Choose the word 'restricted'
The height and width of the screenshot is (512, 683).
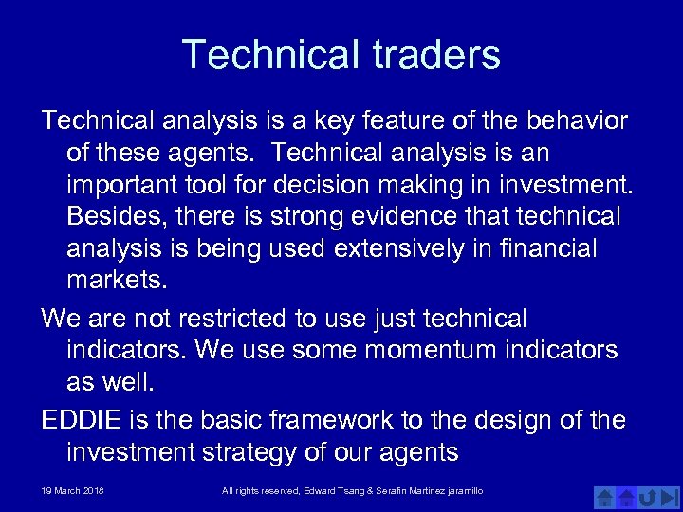[239, 319]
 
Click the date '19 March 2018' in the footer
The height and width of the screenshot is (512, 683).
[73, 490]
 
